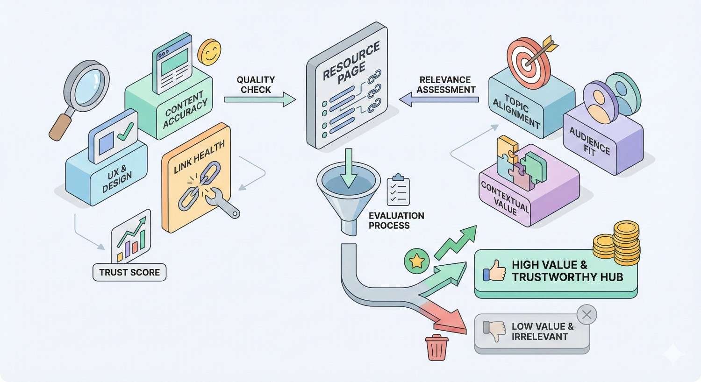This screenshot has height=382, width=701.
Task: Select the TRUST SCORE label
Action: pos(129,272)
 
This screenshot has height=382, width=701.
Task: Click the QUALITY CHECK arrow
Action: pos(259,99)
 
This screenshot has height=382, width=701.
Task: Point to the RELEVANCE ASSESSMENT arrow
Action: pos(439,99)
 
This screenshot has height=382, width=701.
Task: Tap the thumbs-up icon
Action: pos(494,271)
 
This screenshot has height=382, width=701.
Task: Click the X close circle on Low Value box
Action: pos(587,315)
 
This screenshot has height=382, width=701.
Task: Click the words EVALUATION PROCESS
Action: pos(396,220)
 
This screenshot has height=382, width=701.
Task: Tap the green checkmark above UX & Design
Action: pos(125,132)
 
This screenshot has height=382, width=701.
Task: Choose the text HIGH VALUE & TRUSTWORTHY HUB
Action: pos(567,271)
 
